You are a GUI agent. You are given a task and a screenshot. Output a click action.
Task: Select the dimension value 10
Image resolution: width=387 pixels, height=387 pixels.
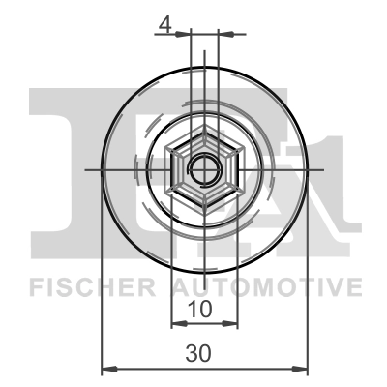coord(199,311)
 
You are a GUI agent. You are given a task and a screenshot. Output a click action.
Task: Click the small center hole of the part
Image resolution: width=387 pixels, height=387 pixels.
coord(204,168)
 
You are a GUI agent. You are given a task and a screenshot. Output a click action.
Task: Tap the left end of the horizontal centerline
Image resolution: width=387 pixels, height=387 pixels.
coord(87,168)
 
